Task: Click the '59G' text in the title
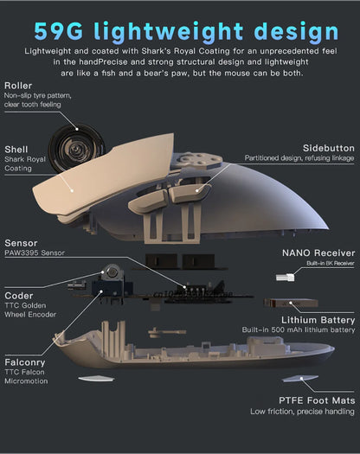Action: point(59,31)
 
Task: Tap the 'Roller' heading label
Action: point(18,86)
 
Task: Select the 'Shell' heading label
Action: point(16,150)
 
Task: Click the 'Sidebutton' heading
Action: point(328,148)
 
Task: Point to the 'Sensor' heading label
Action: point(21,243)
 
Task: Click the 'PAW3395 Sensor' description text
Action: point(35,253)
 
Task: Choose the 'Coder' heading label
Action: point(19,296)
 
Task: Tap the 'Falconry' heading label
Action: point(25,362)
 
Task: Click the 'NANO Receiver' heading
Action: point(318,253)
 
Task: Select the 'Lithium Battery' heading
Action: point(318,320)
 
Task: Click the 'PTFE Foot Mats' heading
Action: point(317,400)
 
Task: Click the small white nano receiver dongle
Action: point(286,277)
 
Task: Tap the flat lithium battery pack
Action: point(291,303)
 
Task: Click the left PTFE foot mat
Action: point(96,378)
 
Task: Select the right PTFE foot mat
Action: point(300,379)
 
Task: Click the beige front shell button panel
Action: point(105,174)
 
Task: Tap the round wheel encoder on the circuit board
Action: point(112,272)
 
